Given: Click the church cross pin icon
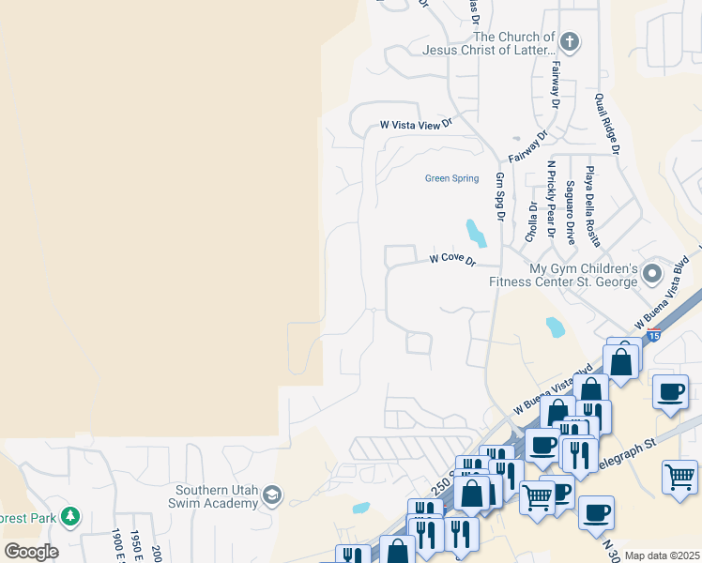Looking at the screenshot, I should coord(570,41).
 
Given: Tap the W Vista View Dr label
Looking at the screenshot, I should coord(416,124).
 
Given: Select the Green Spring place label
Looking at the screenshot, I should coord(451,178).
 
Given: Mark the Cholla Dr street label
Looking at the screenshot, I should coord(532,221).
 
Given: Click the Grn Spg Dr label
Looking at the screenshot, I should coord(500,196).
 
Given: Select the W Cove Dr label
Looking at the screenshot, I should coord(452,258).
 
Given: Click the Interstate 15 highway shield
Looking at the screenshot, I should coord(654,335).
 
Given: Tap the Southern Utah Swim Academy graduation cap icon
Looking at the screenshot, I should coord(272,495).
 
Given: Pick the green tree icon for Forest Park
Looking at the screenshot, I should coord(69,516).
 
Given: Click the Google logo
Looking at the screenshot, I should coord(31,552).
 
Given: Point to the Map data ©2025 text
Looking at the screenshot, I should coord(662,555).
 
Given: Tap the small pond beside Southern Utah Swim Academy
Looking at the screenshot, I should coord(361,509).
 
